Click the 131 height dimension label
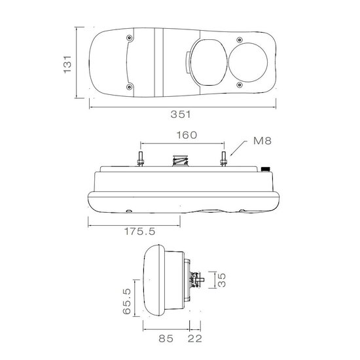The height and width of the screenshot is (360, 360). tap(67, 64)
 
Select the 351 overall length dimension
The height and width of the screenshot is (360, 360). tap(181, 115)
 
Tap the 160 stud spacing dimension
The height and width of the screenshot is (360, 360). tap(187, 135)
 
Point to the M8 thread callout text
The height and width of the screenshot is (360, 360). tap(262, 141)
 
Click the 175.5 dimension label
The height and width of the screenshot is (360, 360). tap(139, 232)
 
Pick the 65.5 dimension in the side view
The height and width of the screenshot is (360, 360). tap(126, 301)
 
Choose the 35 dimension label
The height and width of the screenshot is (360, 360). tap(222, 280)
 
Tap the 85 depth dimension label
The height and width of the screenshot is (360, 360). tap(166, 338)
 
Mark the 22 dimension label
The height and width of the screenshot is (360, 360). tap(195, 338)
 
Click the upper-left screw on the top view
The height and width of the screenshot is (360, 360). tap(130, 37)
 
